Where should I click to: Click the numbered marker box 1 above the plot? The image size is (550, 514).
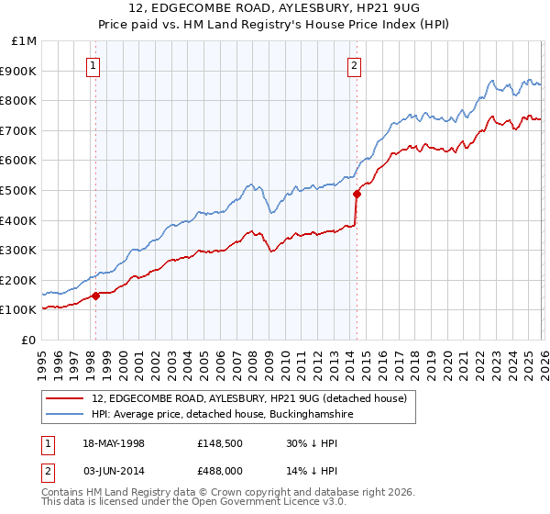click(x=95, y=65)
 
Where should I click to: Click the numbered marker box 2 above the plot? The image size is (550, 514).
click(x=354, y=65)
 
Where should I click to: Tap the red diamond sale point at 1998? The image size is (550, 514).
click(x=95, y=295)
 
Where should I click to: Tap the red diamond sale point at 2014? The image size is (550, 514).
click(x=356, y=194)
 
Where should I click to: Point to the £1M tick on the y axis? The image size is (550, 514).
click(x=25, y=41)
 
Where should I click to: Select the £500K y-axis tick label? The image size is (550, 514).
click(x=20, y=191)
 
